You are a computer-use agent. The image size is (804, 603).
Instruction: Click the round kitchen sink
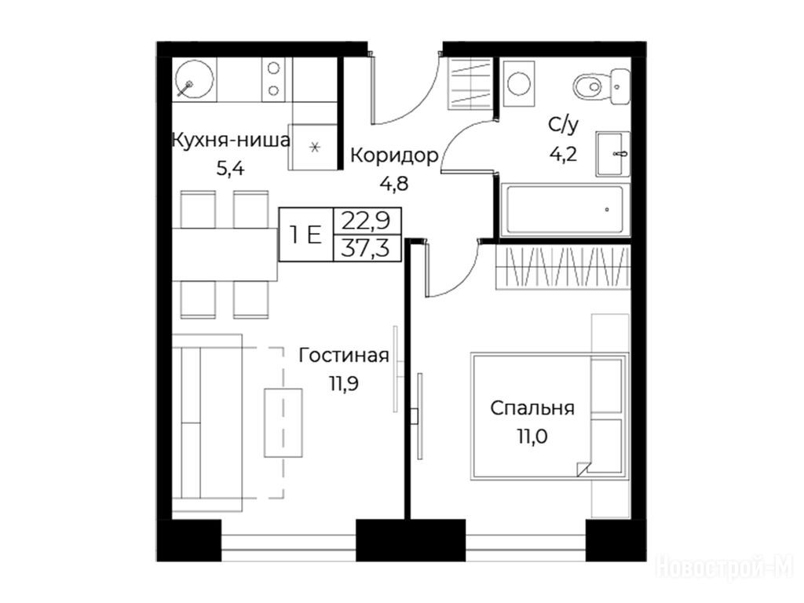point(194,79)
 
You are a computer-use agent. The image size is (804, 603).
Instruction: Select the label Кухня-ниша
point(231,140)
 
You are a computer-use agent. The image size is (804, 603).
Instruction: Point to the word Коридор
point(394,155)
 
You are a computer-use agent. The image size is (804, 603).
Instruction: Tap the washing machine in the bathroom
point(519,83)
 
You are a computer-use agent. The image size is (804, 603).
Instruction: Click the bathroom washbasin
point(612,154)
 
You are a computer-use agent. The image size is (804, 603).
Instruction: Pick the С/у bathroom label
point(564,125)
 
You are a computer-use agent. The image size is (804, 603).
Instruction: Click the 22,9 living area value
point(366,221)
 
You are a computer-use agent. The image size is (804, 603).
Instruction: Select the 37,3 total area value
point(366,249)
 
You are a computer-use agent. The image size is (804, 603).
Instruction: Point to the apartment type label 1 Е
point(305,235)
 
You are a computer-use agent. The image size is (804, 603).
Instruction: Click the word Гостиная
point(344,356)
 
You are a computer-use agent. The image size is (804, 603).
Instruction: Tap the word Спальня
point(532,408)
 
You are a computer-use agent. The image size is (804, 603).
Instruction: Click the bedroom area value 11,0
point(532,437)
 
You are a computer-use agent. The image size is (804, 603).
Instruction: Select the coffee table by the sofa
point(283,422)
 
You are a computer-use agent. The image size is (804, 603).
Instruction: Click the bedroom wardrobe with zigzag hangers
point(562,268)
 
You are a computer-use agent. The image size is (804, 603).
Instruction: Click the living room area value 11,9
point(344,383)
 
